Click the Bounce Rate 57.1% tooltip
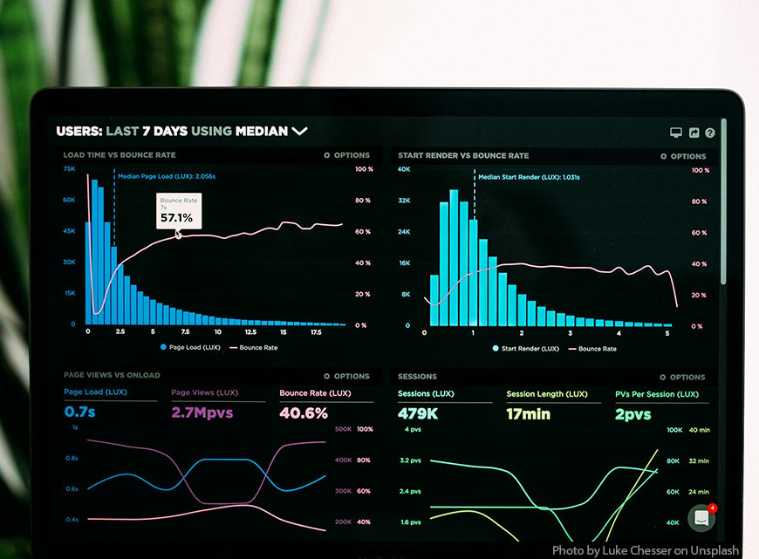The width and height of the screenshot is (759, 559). pos(179,211)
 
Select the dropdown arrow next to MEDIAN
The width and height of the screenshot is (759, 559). pos(299,131)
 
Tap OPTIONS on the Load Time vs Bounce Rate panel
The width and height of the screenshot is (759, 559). pos(346,155)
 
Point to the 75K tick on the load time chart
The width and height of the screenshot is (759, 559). pos(69,168)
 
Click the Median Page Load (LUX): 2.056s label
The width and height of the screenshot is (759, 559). pos(166,176)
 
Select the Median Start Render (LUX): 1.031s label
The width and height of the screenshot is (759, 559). pos(528,177)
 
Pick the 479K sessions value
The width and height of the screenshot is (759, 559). pos(418,414)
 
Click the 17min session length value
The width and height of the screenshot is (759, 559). pos(529,414)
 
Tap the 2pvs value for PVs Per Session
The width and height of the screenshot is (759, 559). pos(632,414)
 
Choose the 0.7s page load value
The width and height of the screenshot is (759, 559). pos(79,412)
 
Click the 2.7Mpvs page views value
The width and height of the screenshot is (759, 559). pos(202,412)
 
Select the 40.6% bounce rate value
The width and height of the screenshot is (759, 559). pos(304,412)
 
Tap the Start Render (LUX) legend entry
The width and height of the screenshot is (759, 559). pos(526,349)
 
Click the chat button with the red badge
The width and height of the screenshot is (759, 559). pos(701,518)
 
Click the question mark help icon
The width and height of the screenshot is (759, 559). pos(710,133)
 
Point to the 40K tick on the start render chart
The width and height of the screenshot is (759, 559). pos(404,169)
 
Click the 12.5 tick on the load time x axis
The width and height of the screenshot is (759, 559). pos(250,332)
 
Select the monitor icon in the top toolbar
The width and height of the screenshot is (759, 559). pos(675,133)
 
